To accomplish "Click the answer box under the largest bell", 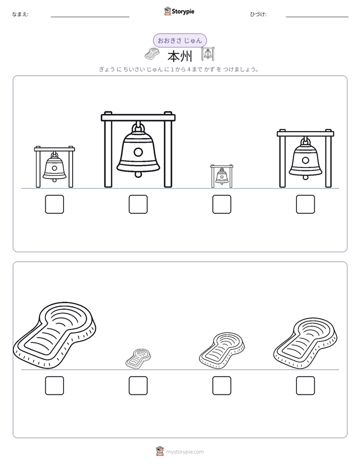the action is coord(138,204).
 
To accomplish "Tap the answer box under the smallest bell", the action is coord(221,204).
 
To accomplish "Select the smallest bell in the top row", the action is coord(221,176).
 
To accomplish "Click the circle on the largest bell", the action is coord(138,152).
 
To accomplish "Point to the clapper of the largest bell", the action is coord(138,174).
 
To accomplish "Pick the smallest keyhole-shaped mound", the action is coord(138,359).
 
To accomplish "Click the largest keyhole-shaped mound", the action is coord(54,336).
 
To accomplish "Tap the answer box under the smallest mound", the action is coord(138,385).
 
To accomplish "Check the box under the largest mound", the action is coord(54,385).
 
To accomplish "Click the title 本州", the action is coord(180,56).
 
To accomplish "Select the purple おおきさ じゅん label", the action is coord(179,40).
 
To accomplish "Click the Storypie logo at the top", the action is coord(179,11).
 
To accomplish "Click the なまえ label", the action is coord(20,14).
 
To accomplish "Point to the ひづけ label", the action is coord(258,14).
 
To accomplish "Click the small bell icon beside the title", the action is coord(208,54).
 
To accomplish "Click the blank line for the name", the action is coord(90,17).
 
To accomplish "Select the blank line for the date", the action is coord(317,17).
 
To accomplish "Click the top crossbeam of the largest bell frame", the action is coord(138,118).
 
